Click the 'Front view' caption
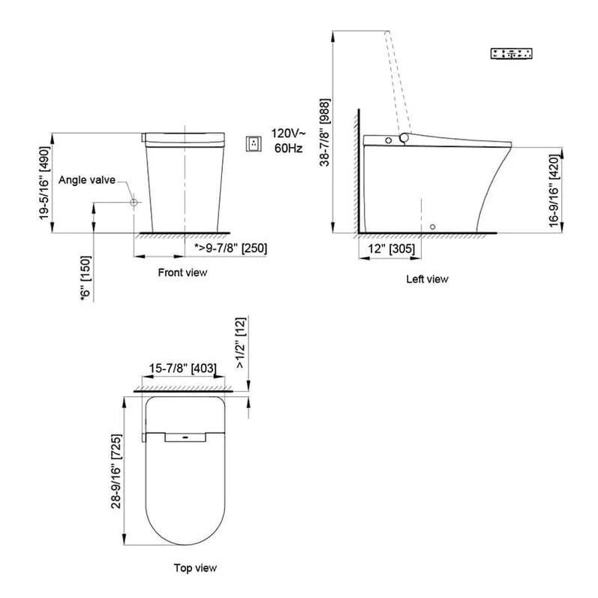click(182, 272)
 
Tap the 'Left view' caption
click(427, 279)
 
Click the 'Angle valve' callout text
click(87, 180)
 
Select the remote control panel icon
click(511, 53)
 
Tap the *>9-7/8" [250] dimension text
click(230, 248)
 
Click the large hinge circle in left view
click(405, 138)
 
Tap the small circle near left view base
click(433, 226)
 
